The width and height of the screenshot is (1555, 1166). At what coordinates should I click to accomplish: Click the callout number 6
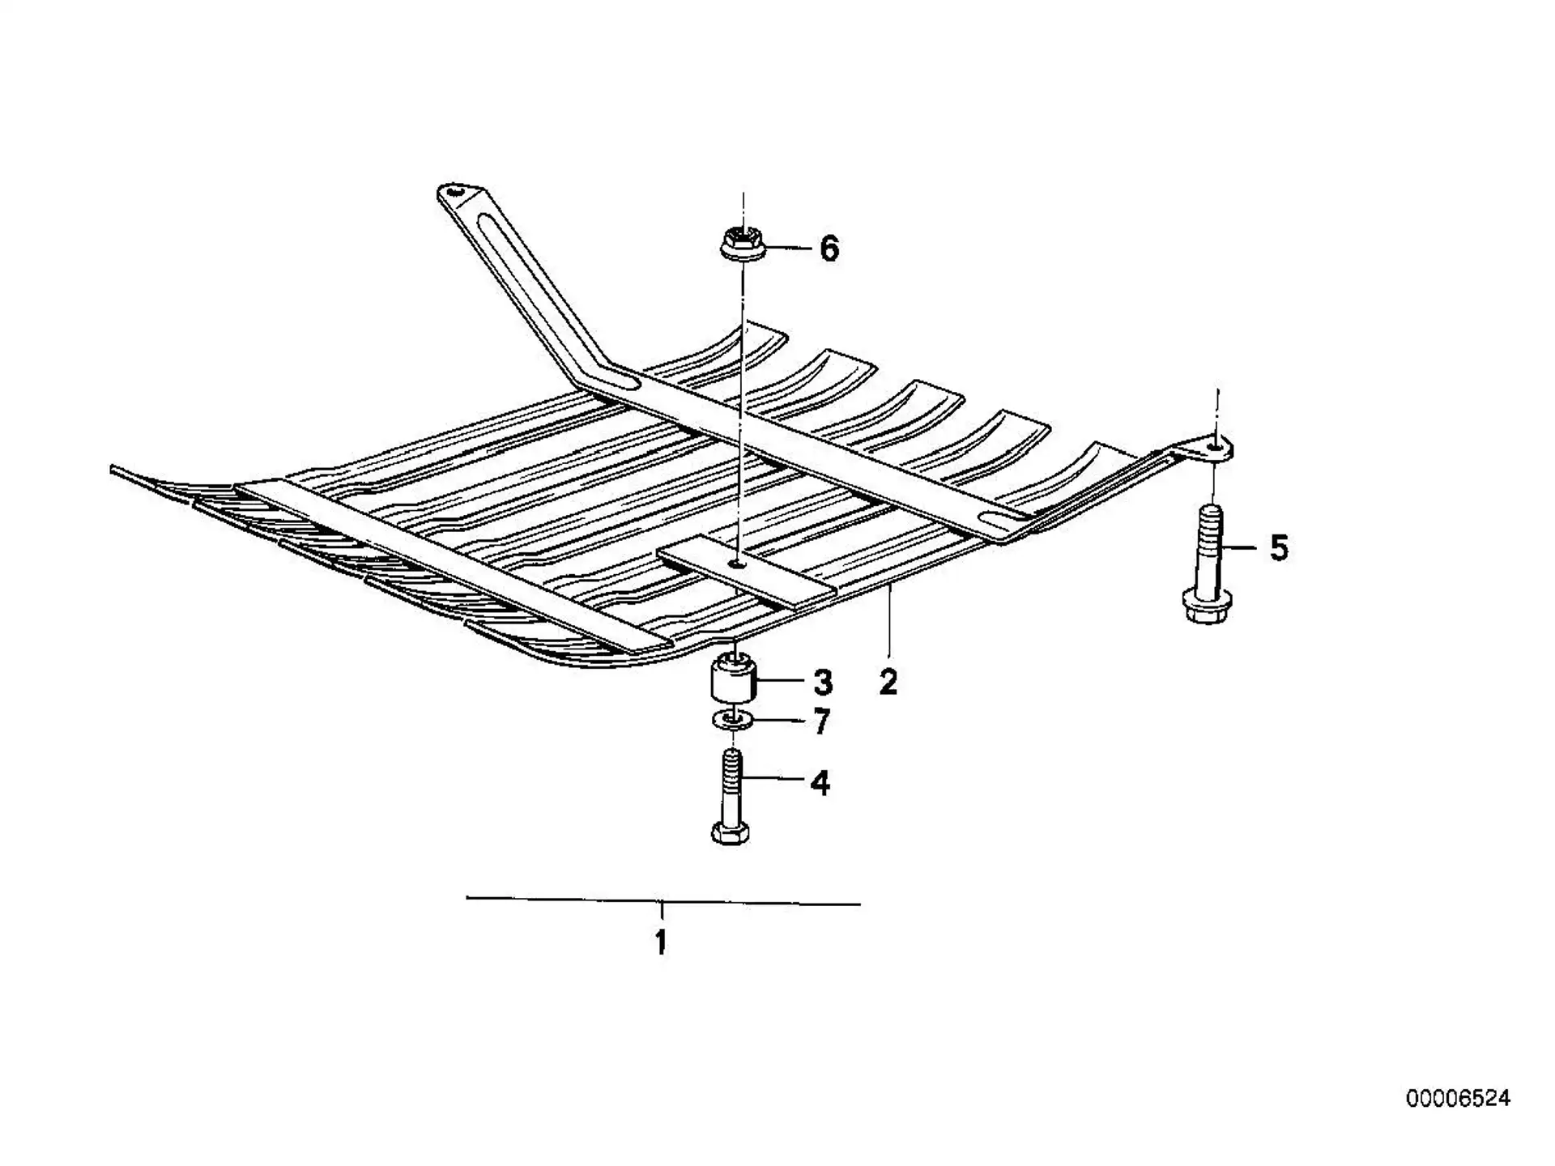tap(829, 249)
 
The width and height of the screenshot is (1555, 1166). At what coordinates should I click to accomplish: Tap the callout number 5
tap(1278, 548)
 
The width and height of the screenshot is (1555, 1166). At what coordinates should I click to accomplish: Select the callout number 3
tap(823, 683)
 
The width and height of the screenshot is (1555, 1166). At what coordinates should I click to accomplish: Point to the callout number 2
tap(888, 683)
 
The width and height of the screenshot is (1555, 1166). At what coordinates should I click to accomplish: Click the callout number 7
tap(822, 721)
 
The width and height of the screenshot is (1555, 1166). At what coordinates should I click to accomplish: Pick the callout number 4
tap(820, 783)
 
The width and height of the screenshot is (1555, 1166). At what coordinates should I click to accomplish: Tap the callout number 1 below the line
tap(661, 942)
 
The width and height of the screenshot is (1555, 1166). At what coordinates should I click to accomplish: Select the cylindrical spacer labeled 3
tap(733, 680)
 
